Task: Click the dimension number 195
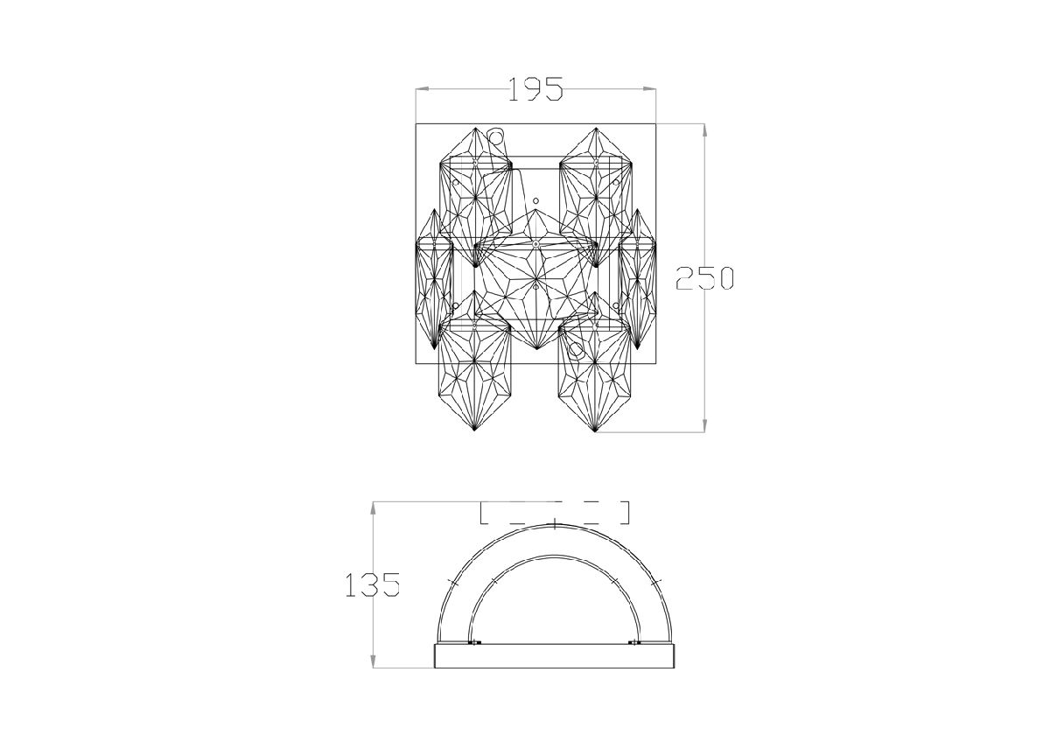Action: coord(535,89)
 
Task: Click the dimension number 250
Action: coord(704,278)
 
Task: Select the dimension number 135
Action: coord(373,584)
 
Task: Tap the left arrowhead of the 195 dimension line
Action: coord(423,88)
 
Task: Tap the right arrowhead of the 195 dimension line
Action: coord(649,88)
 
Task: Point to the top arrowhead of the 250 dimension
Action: coord(704,130)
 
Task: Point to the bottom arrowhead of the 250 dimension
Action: coord(704,425)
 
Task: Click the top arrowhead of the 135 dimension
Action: coord(373,508)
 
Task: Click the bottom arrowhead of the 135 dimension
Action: coord(373,661)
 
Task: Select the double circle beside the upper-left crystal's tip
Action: coord(495,136)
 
